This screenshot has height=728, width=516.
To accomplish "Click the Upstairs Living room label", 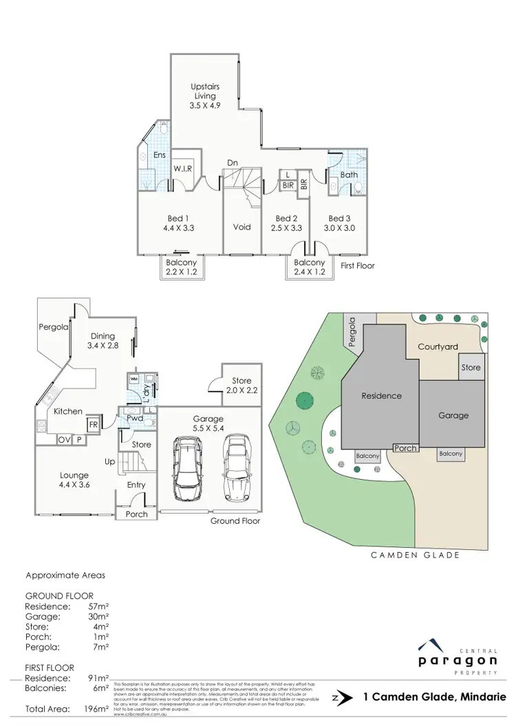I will [204, 96].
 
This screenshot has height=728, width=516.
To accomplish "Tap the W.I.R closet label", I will [182, 168].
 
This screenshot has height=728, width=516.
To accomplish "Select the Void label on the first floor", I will [241, 226].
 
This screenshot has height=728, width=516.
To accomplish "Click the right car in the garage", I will [235, 469].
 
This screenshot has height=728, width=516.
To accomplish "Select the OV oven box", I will [64, 440].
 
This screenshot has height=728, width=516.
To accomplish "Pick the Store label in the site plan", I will [471, 368].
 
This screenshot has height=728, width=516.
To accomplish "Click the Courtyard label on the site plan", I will [438, 347].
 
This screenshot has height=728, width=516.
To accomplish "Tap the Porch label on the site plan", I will [405, 448].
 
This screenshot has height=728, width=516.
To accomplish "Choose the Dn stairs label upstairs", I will [233, 163].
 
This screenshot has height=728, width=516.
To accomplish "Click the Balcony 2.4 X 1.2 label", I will [309, 267].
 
